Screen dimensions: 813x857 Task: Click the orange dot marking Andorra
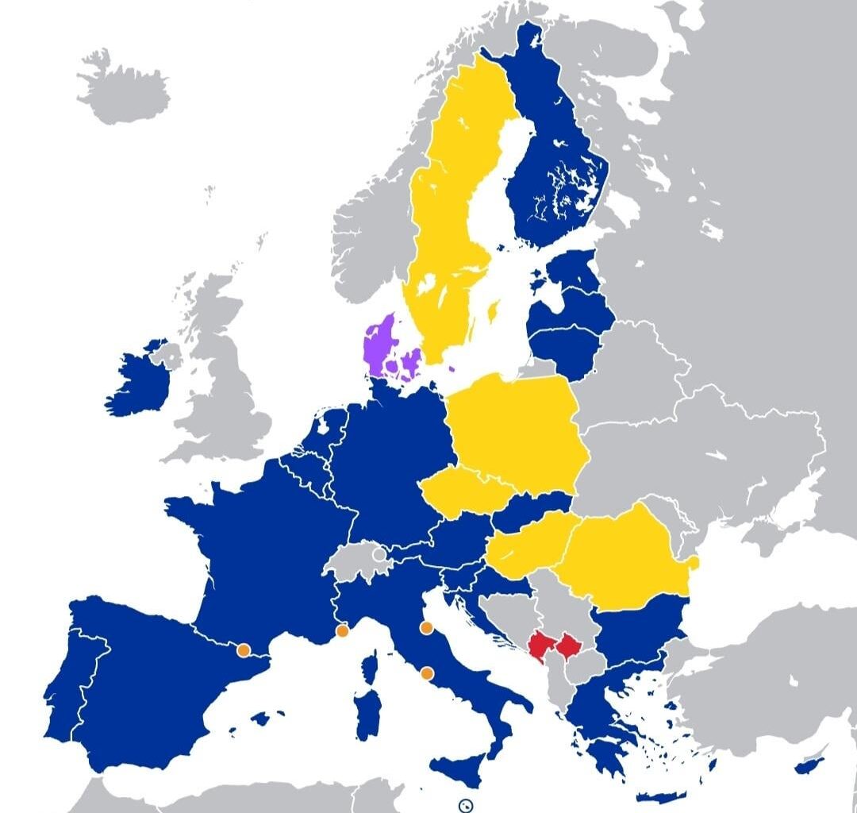point(244,650)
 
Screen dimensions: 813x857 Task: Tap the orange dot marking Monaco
point(342,631)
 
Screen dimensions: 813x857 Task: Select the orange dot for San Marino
point(426,628)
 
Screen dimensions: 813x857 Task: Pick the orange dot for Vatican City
point(427,673)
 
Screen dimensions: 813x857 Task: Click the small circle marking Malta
point(467,804)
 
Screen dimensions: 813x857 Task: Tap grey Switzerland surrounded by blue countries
point(359,560)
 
